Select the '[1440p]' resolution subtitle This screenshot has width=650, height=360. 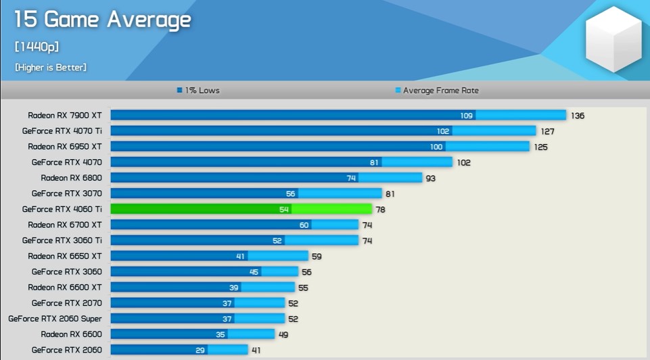pyautogui.click(x=37, y=47)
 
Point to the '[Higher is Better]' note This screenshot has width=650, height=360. pyautogui.click(x=51, y=68)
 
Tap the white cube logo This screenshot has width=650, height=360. pyautogui.click(x=612, y=39)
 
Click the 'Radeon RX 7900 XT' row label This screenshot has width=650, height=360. pyautogui.click(x=65, y=116)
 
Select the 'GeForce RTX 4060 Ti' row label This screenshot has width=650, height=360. pyautogui.click(x=62, y=209)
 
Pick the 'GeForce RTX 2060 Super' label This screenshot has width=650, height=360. pyautogui.click(x=55, y=318)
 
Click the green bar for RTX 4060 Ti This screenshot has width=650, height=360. pyautogui.click(x=241, y=209)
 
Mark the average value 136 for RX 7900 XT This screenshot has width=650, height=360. pyautogui.click(x=578, y=116)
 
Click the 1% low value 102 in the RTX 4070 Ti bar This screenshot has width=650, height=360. pyautogui.click(x=443, y=131)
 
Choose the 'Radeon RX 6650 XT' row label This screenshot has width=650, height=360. pyautogui.click(x=65, y=256)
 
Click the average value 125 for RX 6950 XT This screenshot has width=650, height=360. pyautogui.click(x=540, y=147)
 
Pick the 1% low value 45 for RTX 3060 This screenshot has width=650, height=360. pyautogui.click(x=254, y=272)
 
